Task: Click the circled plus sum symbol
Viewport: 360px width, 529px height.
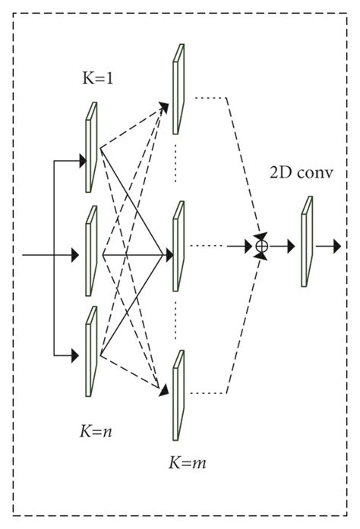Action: (262, 246)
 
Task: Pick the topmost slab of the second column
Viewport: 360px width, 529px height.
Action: (178, 88)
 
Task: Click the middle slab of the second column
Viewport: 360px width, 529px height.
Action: (178, 244)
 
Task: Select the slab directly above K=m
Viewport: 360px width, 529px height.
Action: (178, 395)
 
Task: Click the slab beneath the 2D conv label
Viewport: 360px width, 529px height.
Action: (306, 241)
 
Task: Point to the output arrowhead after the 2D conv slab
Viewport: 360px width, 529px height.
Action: (337, 246)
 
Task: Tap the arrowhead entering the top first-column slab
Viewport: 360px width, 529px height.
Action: (81, 160)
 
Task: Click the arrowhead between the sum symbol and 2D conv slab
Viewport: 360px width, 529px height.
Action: (289, 246)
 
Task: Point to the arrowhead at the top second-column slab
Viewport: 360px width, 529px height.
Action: (165, 103)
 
